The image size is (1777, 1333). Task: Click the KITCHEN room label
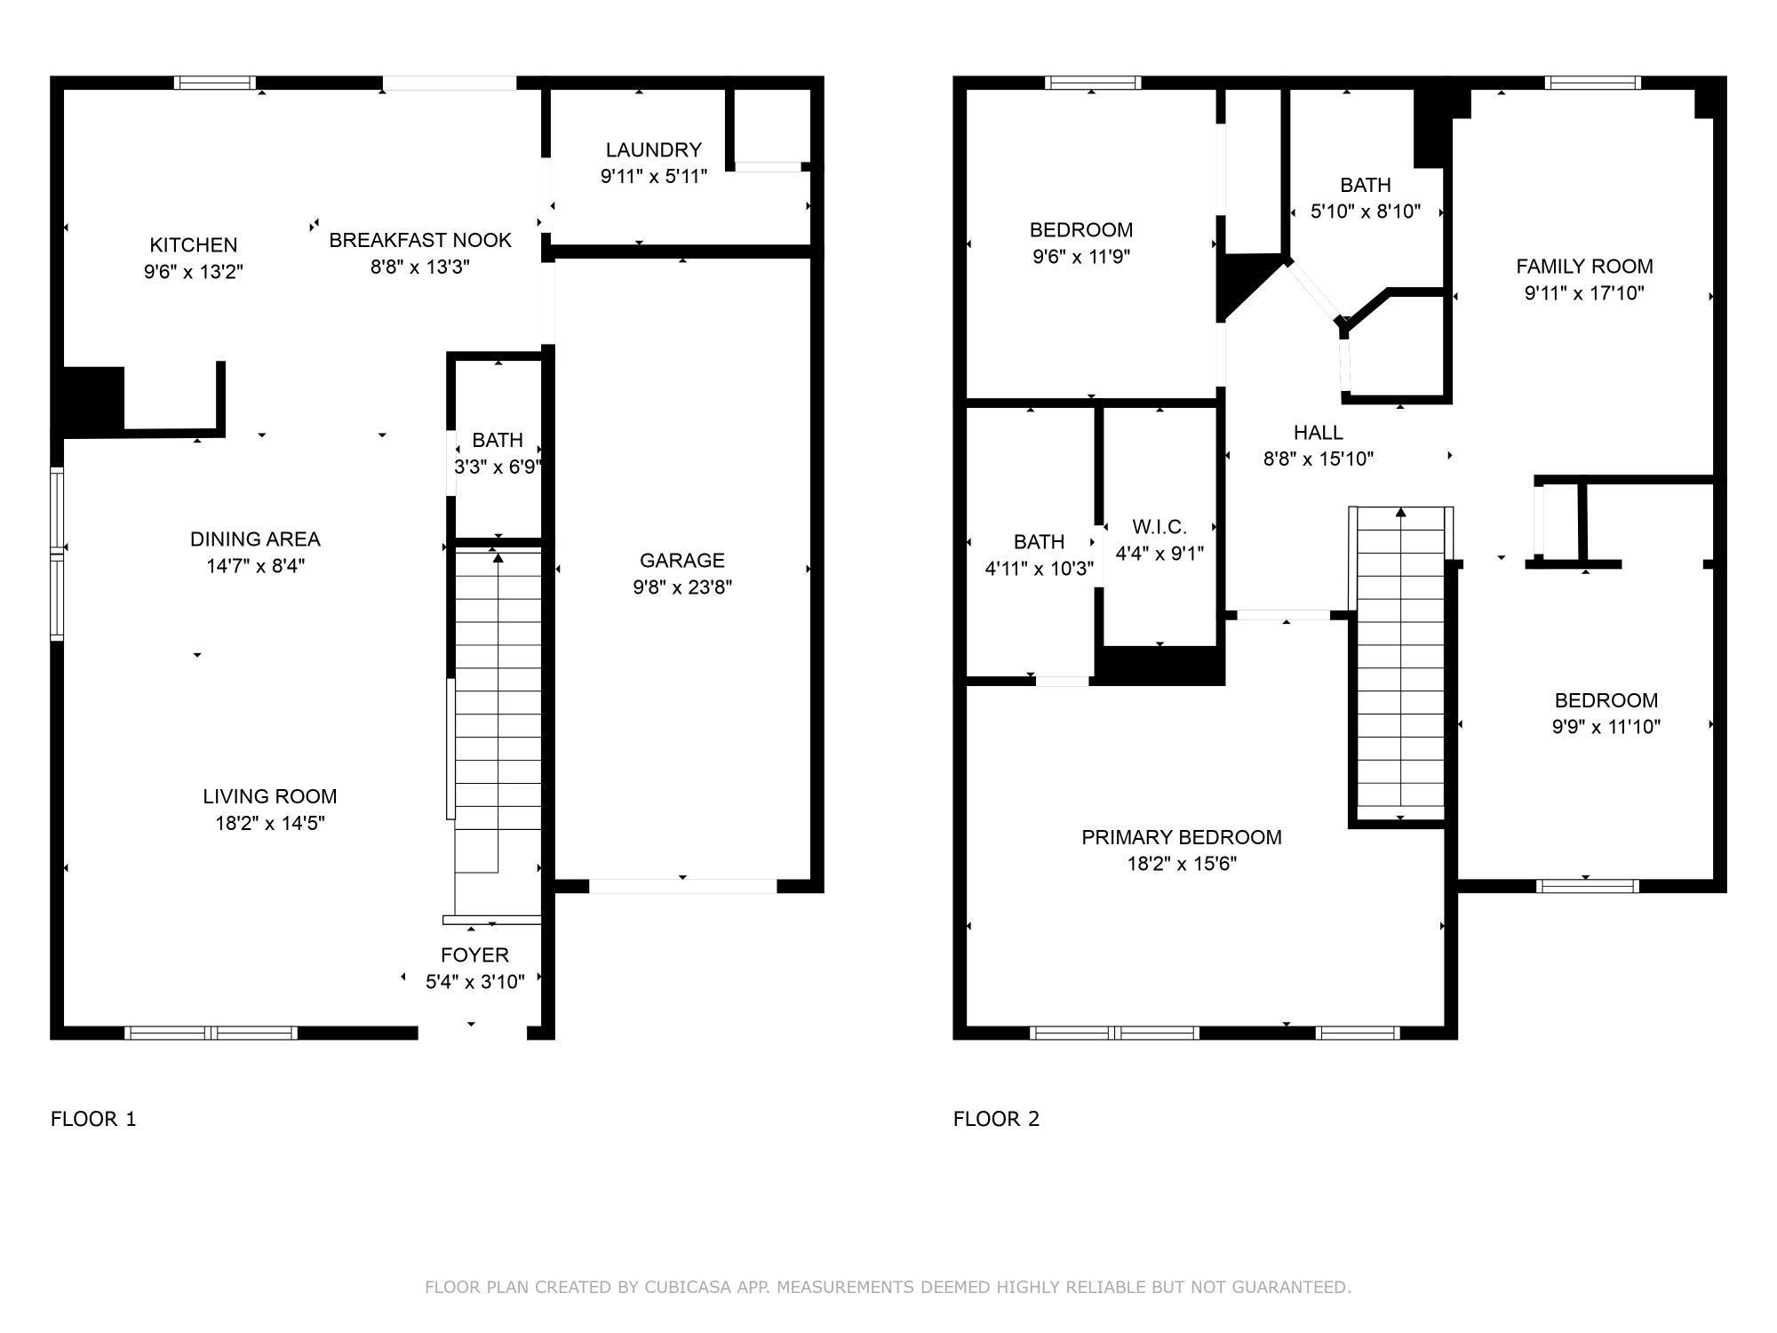(x=193, y=244)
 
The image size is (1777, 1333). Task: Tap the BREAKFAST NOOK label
(x=420, y=240)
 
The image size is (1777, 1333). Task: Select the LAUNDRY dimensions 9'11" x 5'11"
(x=654, y=176)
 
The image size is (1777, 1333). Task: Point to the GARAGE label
(x=682, y=560)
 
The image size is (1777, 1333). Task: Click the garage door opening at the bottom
(x=682, y=886)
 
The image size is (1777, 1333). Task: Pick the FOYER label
(x=474, y=955)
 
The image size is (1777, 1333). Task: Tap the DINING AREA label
(x=255, y=539)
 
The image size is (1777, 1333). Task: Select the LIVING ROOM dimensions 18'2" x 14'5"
(x=270, y=823)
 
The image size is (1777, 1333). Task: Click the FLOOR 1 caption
(x=93, y=1119)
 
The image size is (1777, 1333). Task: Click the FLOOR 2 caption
(x=996, y=1119)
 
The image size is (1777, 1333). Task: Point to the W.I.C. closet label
(x=1159, y=526)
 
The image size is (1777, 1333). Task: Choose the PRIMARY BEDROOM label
(x=1181, y=837)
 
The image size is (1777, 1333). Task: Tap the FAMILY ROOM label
(x=1584, y=266)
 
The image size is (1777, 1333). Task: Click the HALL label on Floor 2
(x=1318, y=433)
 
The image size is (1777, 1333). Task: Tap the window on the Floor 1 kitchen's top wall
(x=214, y=83)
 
